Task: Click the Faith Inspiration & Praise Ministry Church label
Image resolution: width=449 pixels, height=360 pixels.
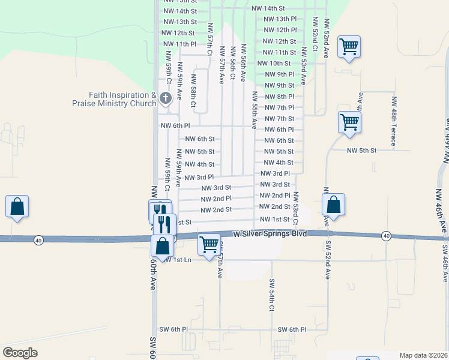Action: pos(114,99)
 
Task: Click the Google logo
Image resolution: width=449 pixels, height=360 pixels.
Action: pos(20,353)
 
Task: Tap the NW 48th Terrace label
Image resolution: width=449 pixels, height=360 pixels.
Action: pos(394,121)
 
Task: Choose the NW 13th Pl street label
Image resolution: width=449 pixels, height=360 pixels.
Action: pos(280,19)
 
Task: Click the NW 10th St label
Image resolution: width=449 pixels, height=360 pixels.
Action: pos(274,63)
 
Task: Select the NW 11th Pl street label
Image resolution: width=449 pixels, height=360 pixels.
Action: pos(179,44)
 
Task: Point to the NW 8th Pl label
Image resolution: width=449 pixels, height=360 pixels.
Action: pos(279,97)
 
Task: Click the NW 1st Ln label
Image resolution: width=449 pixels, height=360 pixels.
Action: pos(179,259)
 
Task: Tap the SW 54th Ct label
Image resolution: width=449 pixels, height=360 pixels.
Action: pos(271,295)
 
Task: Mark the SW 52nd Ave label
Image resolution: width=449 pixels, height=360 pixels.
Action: pos(328,260)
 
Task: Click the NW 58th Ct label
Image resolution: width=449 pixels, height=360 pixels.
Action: pos(193,91)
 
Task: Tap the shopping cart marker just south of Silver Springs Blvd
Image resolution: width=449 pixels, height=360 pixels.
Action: pos(209,244)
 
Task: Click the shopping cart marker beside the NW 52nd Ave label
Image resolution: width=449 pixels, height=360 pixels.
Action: pos(349,46)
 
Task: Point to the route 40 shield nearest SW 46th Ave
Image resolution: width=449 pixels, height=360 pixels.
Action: pos(385,236)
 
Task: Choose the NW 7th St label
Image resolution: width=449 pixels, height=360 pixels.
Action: pos(279,119)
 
